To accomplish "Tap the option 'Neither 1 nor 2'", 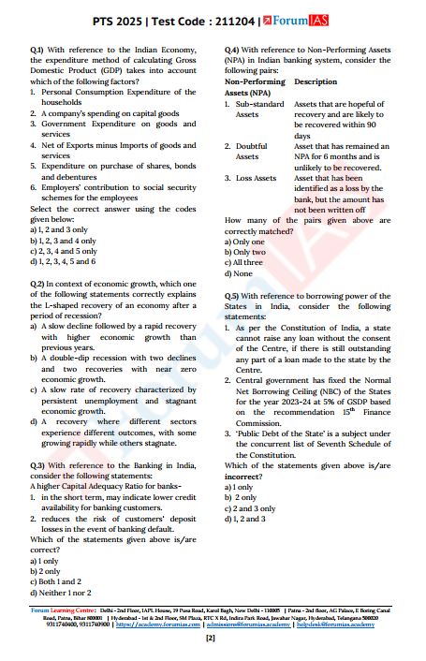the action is tap(68, 594).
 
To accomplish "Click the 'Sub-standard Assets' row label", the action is tap(253, 109).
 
